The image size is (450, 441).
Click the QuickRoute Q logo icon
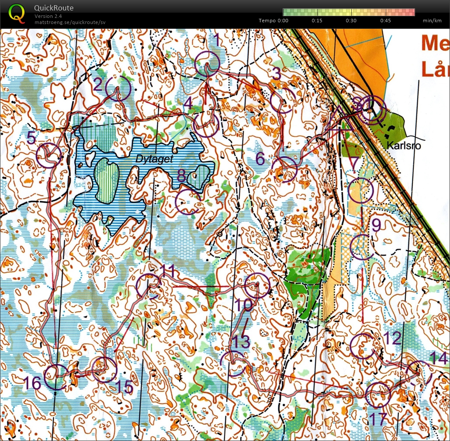[17, 13]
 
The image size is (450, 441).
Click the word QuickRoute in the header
[54, 8]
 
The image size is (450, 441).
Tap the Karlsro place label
[404, 146]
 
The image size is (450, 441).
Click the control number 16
[32, 383]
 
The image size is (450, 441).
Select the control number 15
[124, 386]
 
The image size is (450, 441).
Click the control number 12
[392, 337]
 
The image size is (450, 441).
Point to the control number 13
[240, 341]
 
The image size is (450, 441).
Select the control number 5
[31, 138]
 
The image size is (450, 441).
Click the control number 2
[98, 83]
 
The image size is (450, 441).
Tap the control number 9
[376, 225]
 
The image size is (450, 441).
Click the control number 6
[260, 159]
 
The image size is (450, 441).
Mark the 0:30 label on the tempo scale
[351, 21]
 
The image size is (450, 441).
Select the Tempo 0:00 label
[273, 21]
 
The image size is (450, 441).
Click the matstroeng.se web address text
[70, 22]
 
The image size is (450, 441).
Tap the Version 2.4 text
[48, 16]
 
